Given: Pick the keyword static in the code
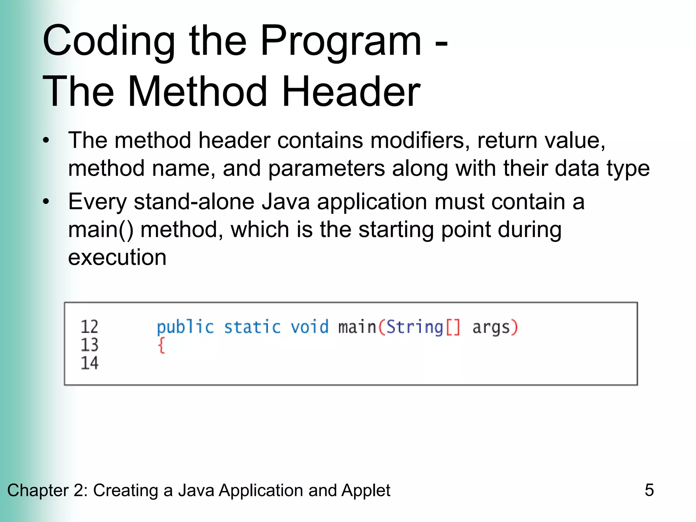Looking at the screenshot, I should coord(252,327).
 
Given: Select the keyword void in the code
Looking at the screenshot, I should coord(310,327).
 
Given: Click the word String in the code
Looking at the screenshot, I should coord(415,327).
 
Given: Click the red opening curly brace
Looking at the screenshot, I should coord(161,346).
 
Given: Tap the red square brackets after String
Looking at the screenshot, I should coord(453,327).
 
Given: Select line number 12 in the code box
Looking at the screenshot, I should coord(89,327).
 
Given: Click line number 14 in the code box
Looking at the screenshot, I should coord(89,363).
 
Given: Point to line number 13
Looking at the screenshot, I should coord(89,345).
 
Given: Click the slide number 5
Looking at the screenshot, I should coord(649,490).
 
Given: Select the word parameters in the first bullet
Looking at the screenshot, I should coord(326,169).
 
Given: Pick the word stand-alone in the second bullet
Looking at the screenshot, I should coord(194,202).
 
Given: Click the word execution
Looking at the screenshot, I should coord(117,257).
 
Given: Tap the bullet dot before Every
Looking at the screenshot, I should coord(46,202).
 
